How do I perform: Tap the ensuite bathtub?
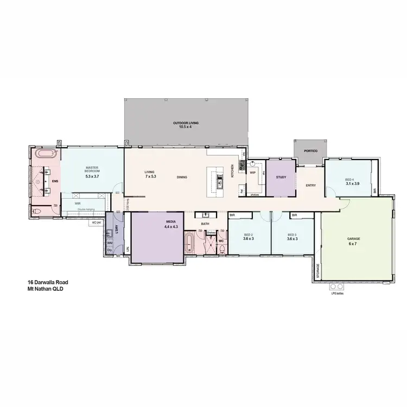[x=44, y=155]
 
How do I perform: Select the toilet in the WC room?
[x=222, y=249]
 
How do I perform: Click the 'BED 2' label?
[x=247, y=234]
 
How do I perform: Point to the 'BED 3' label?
[x=292, y=234]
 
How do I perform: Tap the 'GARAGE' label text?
[x=354, y=239]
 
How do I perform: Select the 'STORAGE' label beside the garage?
[x=318, y=271]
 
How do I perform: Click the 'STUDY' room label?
[x=281, y=177]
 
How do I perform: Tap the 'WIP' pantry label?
[x=252, y=173]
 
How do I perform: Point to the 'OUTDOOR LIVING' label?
[x=186, y=123]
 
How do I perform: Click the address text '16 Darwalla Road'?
[x=48, y=282]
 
